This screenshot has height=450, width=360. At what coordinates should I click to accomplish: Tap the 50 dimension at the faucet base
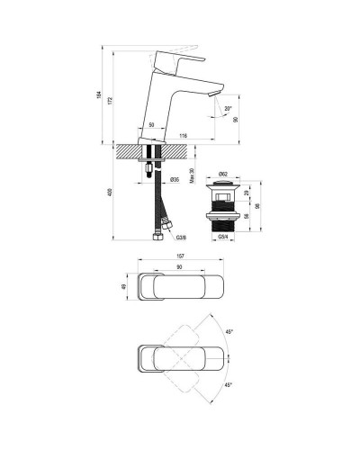151,124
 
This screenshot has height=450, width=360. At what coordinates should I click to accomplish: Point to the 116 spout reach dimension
183,135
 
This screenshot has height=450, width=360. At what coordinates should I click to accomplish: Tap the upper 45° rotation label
230,332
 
